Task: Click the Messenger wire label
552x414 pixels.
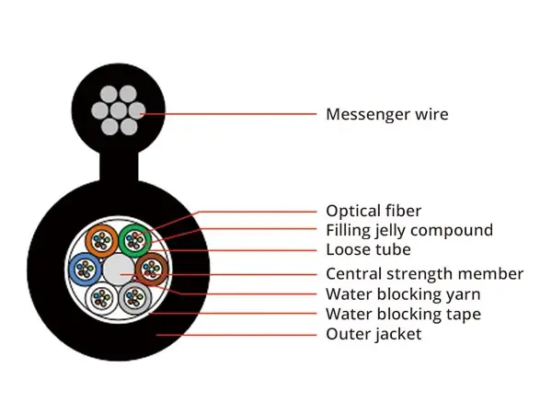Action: pos(387,115)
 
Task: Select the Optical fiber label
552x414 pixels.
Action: pos(374,211)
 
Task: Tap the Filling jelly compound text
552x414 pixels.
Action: pos(409,230)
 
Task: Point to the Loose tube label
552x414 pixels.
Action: pos(368,249)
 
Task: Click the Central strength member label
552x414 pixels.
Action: pos(424,274)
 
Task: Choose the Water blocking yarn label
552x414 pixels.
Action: pos(403,294)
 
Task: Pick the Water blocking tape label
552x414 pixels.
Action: pos(403,315)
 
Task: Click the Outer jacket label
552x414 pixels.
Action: pos(374,334)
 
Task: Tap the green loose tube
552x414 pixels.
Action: pos(135,240)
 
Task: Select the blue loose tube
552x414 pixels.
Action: pos(85,269)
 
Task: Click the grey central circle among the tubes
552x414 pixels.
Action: pos(119,270)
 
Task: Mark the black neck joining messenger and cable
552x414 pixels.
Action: pos(119,170)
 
